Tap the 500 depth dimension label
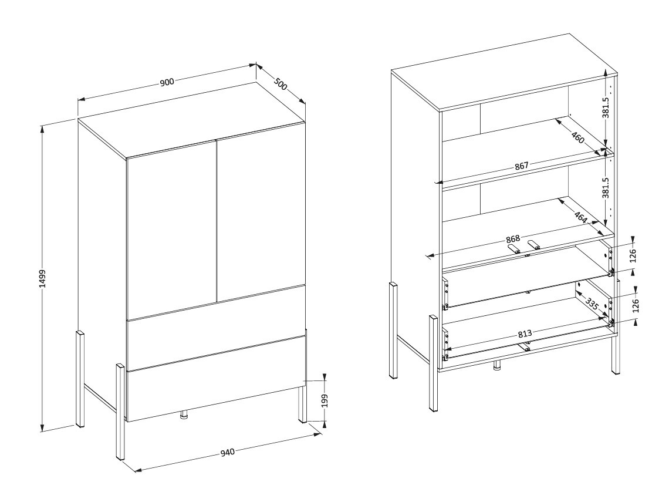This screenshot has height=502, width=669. [x=281, y=83]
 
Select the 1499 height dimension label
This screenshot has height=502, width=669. [x=42, y=278]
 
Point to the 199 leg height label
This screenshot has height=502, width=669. [x=325, y=400]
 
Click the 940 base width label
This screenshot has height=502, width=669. [x=228, y=452]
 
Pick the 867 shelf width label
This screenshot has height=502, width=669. [x=521, y=166]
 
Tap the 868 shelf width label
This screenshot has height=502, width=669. [x=513, y=238]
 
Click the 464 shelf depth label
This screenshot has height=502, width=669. [x=580, y=217]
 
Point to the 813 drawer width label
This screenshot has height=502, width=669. [x=525, y=333]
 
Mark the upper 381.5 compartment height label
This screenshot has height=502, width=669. [x=606, y=107]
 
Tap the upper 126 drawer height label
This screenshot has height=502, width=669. [x=633, y=255]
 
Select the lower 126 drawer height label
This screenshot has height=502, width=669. [x=636, y=306]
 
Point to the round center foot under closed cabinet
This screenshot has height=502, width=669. [x=184, y=415]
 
